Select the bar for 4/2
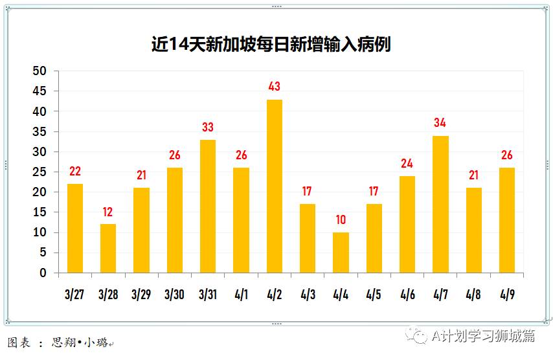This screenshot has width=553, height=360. point(275,186)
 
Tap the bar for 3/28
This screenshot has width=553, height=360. point(108,248)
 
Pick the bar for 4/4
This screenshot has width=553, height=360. point(341,253)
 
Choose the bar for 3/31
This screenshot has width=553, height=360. point(208,206)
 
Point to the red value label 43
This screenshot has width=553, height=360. point(275,86)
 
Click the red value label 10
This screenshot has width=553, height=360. point(341,219)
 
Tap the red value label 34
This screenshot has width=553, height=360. point(440,122)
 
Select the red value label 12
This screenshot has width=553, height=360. point(108,212)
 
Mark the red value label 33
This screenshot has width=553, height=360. point(208,127)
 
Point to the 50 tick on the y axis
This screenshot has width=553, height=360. point(40,71)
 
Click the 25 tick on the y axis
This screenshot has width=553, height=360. point(40,172)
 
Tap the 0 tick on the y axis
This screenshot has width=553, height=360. point(43,273)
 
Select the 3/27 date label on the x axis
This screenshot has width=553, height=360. point(75,295)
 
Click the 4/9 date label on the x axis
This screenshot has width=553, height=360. point(507,295)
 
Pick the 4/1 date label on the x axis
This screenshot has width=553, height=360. point(241,295)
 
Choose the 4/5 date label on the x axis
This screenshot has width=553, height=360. point(374,295)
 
